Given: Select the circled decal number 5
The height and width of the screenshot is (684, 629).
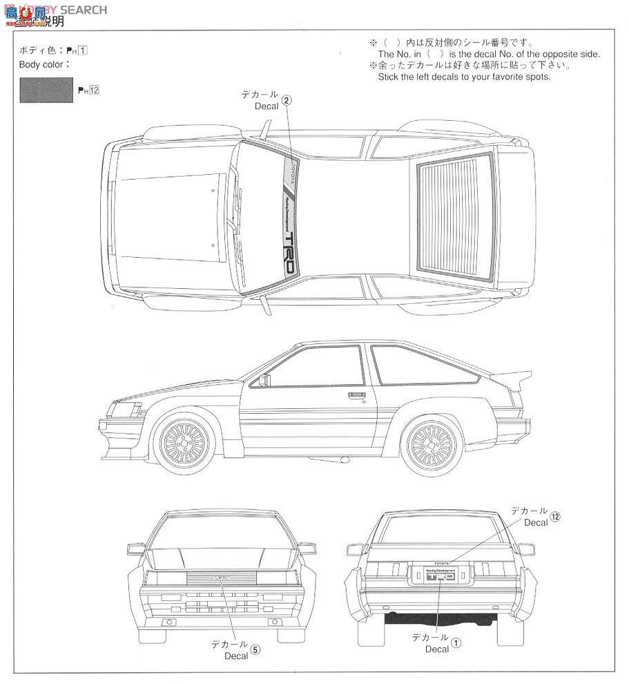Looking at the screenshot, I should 255,649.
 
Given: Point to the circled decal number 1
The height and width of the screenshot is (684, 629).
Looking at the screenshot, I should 456,642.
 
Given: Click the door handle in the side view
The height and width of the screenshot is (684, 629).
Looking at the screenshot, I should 356,395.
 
